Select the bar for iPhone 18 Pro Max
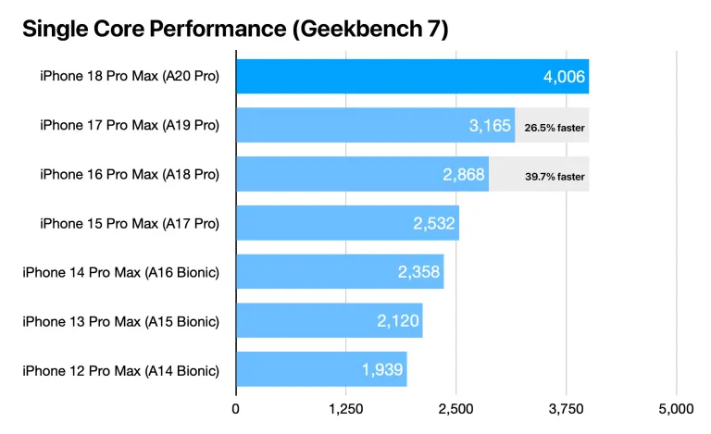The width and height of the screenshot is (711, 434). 413,76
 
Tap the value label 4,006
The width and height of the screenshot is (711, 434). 564,77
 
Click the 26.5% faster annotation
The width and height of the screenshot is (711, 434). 555,128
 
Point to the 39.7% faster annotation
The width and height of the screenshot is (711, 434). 555,177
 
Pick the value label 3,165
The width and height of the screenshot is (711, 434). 490,126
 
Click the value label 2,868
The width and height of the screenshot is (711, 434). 464,174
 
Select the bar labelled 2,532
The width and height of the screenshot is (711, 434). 347,223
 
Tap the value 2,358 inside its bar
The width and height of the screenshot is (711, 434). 418,272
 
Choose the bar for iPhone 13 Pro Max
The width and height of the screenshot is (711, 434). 330,320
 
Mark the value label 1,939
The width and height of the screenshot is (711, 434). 382,369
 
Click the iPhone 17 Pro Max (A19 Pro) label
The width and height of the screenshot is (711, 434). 130,125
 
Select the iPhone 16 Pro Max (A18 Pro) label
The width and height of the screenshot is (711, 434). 130,174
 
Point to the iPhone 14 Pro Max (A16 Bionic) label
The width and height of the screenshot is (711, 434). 121,272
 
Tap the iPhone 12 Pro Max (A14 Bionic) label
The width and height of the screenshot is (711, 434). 121,370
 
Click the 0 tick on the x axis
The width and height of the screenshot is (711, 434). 236,409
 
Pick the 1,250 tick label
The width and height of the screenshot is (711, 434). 346,409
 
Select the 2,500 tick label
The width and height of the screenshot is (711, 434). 455,409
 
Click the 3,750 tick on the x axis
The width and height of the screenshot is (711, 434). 566,409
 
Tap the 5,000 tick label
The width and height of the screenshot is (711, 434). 676,409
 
